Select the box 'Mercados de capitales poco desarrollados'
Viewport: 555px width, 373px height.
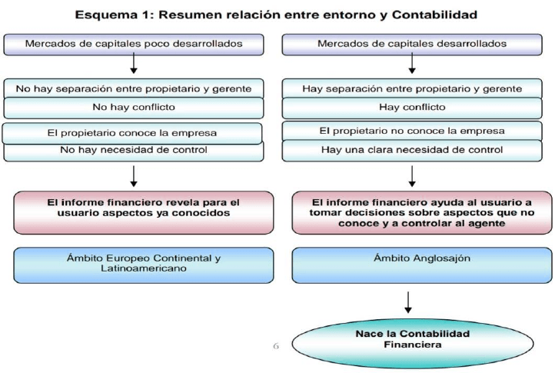tap(134, 45)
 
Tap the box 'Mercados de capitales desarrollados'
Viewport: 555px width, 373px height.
tap(412, 45)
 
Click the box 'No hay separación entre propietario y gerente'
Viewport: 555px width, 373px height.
tap(134, 88)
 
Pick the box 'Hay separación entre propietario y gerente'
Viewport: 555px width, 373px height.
tap(412, 88)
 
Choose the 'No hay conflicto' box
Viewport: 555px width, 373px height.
tap(134, 108)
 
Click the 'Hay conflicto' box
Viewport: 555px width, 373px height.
tap(412, 108)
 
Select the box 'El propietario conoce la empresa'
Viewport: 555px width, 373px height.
tap(132, 133)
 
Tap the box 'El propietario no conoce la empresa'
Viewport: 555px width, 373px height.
tap(412, 131)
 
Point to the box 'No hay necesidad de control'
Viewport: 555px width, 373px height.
tap(134, 152)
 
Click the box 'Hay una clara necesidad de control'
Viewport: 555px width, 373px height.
tap(412, 151)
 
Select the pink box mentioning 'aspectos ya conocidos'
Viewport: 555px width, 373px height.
tap(143, 212)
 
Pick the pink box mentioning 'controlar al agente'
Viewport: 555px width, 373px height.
tap(422, 212)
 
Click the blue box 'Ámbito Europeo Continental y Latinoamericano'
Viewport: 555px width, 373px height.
tap(143, 265)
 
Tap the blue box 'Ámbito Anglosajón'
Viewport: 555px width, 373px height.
tap(422, 265)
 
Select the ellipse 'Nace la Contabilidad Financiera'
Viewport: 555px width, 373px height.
tap(413, 344)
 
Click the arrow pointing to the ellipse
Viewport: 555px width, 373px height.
tap(408, 302)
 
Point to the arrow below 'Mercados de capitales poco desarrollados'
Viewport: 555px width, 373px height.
tap(134, 63)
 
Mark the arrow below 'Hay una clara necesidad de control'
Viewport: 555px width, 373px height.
tap(412, 176)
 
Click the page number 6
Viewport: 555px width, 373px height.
tap(276, 346)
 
